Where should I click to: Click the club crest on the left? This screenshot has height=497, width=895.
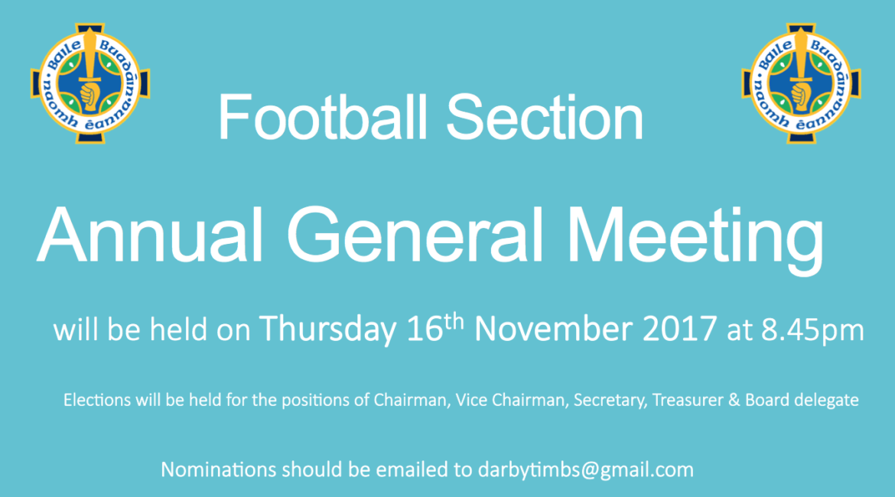point(90,83)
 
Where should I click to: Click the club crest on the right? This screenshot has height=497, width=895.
point(802,83)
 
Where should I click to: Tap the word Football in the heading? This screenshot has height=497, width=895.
point(323,118)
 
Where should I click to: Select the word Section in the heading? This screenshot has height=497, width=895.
point(545,118)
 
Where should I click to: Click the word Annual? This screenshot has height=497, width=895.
point(149,235)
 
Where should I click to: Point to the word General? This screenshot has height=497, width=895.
point(415,235)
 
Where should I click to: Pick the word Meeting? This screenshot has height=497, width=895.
point(696,239)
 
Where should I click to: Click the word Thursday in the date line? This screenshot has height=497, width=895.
point(327,330)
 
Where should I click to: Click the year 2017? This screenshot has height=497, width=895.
point(679,330)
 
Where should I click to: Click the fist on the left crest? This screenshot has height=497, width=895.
point(89,96)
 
